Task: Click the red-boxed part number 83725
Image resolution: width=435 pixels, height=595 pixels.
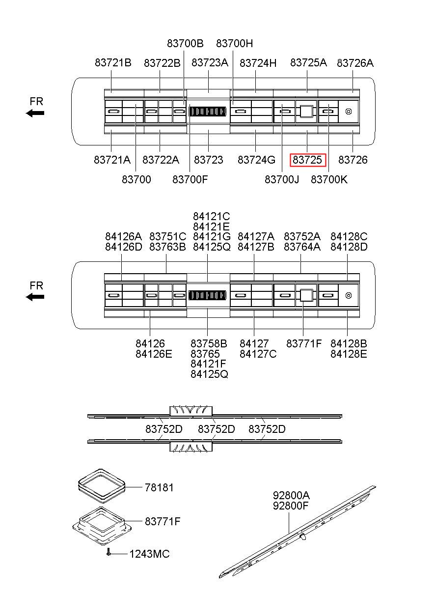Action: pyautogui.click(x=307, y=160)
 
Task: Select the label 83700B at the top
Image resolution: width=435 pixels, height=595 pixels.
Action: pyautogui.click(x=185, y=43)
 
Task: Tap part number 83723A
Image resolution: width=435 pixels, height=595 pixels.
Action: pyautogui.click(x=210, y=63)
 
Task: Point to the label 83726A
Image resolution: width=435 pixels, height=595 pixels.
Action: pyautogui.click(x=355, y=63)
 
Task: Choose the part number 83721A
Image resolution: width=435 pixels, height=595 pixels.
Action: pyautogui.click(x=112, y=160)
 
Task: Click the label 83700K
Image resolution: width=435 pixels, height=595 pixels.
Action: pyautogui.click(x=329, y=179)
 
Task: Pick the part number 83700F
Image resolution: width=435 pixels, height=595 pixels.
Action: pyautogui.click(x=190, y=179)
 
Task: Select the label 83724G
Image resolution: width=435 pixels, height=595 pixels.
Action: pyautogui.click(x=256, y=160)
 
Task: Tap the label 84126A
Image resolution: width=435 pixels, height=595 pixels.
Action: pyautogui.click(x=123, y=236)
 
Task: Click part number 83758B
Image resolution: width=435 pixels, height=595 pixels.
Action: pyautogui.click(x=209, y=343)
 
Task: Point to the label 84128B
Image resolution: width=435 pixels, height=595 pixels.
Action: pyautogui.click(x=349, y=343)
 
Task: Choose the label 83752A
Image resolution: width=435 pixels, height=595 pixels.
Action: pyautogui.click(x=302, y=236)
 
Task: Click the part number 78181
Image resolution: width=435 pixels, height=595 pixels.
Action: pyautogui.click(x=159, y=487)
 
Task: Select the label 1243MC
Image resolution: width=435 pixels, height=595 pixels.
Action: pyautogui.click(x=149, y=554)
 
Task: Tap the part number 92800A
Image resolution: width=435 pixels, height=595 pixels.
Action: pyautogui.click(x=291, y=495)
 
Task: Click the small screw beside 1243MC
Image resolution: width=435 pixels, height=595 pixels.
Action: pyautogui.click(x=109, y=553)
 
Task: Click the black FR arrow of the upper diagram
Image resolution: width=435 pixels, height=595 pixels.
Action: pyautogui.click(x=35, y=113)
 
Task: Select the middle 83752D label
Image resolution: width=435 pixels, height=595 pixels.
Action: pyautogui.click(x=216, y=429)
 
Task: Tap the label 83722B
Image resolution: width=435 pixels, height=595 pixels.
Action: pyautogui.click(x=162, y=63)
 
